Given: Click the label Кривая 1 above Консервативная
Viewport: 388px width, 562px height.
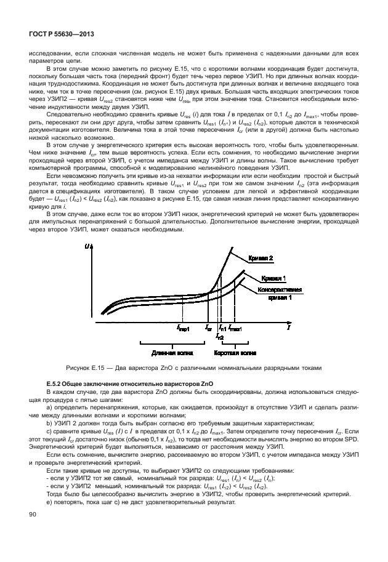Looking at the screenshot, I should click(272, 278).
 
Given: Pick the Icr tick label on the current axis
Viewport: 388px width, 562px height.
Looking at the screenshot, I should click(208, 329).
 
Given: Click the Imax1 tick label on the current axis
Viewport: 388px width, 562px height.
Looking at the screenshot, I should click(235, 329).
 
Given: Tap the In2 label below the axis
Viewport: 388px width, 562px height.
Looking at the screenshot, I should click(220, 337).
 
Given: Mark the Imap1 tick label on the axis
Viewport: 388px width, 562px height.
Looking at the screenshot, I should click(183, 329).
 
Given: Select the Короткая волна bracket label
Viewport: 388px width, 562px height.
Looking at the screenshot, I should click(235, 353).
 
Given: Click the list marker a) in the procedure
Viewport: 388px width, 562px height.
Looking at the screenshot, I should click(50, 407).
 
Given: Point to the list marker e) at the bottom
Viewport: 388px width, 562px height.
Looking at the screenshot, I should click(50, 503).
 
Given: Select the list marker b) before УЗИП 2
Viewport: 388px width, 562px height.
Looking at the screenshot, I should click(50, 423).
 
